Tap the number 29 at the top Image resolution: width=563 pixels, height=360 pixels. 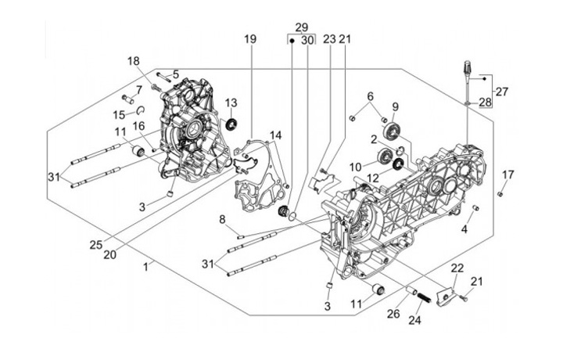pyautogui.click(x=301, y=27)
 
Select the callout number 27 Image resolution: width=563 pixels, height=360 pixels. pyautogui.click(x=501, y=91)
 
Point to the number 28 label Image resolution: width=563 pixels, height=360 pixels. pyautogui.click(x=486, y=102)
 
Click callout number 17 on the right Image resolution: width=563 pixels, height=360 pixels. pyautogui.click(x=507, y=174)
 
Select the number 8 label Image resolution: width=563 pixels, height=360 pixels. pyautogui.click(x=222, y=218)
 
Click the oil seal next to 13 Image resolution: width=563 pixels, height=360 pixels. pyautogui.click(x=231, y=124)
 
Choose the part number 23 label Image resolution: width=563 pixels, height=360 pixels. pyautogui.click(x=329, y=39)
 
